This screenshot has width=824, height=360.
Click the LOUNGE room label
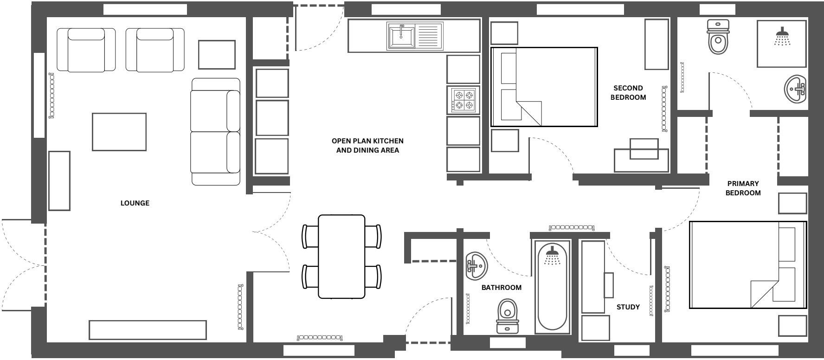click(135, 203)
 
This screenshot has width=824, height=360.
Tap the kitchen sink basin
click(401, 37)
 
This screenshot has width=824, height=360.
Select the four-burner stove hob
click(463, 100)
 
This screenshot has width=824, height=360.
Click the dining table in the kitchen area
click(341, 257)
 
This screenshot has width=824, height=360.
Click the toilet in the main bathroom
click(507, 315)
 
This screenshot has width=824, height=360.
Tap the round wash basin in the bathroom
click(476, 266)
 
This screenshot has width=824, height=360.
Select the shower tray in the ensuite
click(782, 44)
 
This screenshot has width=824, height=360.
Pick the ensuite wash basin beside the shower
click(796, 89)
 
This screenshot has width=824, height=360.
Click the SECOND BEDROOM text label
click(628, 92)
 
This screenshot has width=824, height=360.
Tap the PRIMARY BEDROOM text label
click(743, 188)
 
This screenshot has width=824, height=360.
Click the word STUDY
click(628, 307)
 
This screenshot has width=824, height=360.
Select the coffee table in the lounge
click(119, 132)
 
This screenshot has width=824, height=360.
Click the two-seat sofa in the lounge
click(216, 132)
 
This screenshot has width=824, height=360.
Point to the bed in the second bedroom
click(544, 87)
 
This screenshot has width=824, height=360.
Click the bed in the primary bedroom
click(748, 265)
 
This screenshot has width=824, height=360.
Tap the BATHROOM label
click(501, 288)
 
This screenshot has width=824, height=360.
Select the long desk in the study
click(593, 276)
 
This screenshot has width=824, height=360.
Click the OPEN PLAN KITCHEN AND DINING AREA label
click(367, 145)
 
